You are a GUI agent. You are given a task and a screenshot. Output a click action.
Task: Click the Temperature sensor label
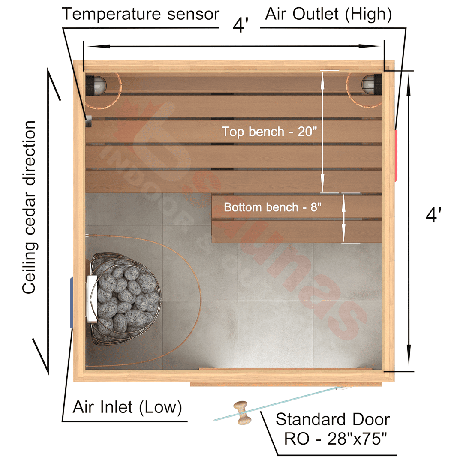click(x=141, y=14)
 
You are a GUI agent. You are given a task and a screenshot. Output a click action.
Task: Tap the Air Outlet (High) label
click(x=328, y=14)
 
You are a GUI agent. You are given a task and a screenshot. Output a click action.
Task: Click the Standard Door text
click(x=333, y=419)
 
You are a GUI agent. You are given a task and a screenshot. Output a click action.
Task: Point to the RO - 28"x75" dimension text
click(x=335, y=439)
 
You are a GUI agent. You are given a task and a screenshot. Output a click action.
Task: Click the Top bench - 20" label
click(x=269, y=132)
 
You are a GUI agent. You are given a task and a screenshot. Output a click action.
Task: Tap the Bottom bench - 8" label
click(x=272, y=207)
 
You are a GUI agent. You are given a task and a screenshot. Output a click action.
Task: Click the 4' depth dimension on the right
click(x=433, y=215)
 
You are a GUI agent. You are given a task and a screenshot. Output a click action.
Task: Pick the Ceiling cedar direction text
click(x=29, y=207)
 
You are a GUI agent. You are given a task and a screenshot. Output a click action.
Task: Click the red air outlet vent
click(x=396, y=155)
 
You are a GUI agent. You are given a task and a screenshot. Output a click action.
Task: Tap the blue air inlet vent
click(x=72, y=302)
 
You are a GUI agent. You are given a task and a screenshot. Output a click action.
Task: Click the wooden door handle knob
click(x=242, y=413)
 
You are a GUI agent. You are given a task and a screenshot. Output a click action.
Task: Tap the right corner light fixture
click(x=372, y=84)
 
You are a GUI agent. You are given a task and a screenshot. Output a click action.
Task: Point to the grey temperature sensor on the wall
click(x=89, y=121)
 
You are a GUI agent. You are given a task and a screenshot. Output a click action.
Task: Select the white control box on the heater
click(x=92, y=298)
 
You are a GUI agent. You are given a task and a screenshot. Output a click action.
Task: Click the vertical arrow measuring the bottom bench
click(x=343, y=218)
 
